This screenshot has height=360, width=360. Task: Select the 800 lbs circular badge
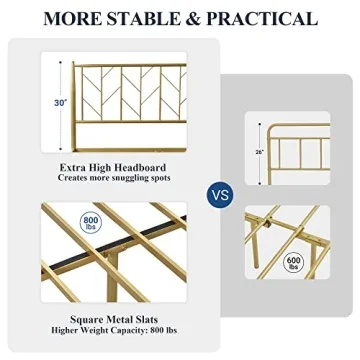[x=90, y=222]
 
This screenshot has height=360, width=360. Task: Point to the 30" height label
[x=61, y=102]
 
